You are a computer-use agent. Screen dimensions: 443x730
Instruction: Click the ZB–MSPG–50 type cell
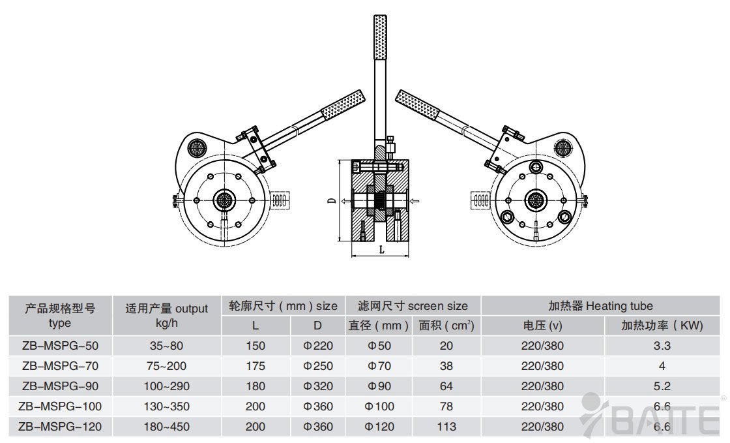tap(59, 346)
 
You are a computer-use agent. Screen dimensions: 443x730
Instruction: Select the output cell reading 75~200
tap(166, 366)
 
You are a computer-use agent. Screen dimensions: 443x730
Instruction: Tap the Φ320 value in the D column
tap(318, 386)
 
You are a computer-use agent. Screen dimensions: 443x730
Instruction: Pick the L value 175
tap(255, 366)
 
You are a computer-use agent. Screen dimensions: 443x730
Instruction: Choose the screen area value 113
tap(446, 427)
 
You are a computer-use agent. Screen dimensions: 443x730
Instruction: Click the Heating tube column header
tap(600, 305)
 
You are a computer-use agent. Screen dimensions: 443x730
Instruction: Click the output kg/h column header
tap(166, 315)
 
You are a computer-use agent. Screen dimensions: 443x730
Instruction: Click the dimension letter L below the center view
tap(381, 249)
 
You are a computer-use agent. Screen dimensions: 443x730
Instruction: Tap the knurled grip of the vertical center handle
tap(380, 37)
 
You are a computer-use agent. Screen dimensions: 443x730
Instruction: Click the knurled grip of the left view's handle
tap(342, 104)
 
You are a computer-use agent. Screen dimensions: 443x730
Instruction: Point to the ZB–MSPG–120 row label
tap(59, 427)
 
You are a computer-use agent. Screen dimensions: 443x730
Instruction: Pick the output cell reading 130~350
tap(166, 406)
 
